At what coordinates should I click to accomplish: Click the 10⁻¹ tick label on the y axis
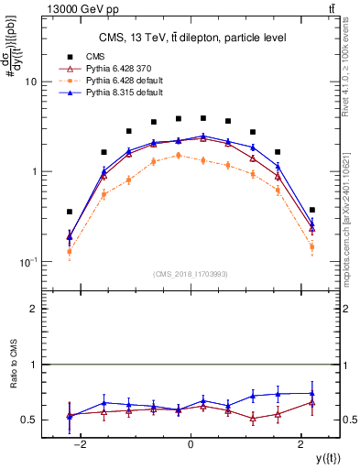click(28, 262)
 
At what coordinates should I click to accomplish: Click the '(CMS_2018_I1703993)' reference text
click(191, 273)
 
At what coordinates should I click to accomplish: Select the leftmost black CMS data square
click(70, 212)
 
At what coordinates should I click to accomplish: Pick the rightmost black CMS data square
click(312, 210)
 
